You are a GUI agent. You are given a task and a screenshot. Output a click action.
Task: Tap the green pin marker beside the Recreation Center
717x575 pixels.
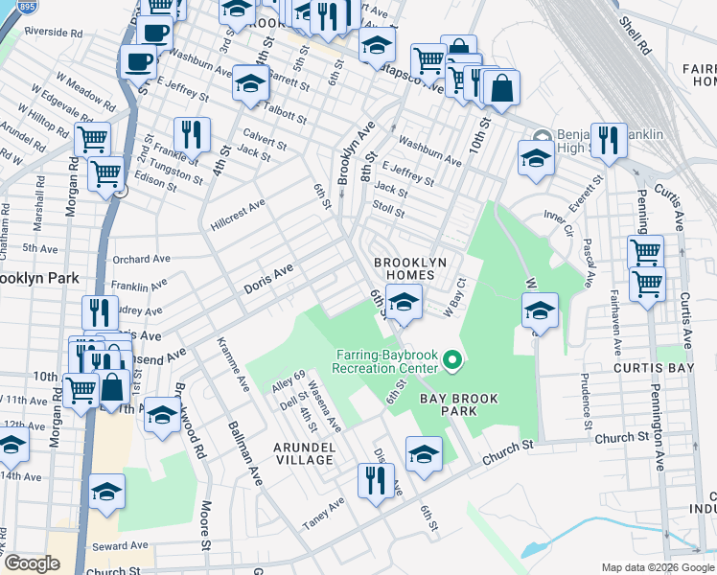[x=455, y=361]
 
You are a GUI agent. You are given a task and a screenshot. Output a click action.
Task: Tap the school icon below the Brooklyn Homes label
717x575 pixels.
[x=405, y=304]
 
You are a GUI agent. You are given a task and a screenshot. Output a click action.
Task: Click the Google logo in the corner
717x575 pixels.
[x=32, y=564]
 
